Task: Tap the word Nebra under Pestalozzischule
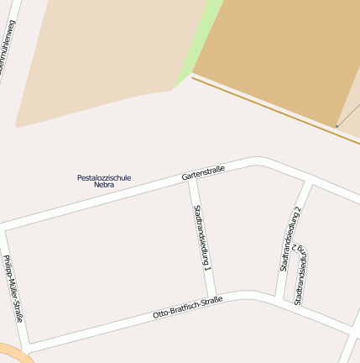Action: tap(104, 185)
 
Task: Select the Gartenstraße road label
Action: tap(203, 174)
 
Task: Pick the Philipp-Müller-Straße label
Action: tap(13, 288)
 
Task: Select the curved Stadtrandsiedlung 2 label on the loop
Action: tap(300, 275)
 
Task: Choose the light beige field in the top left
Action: tap(101, 59)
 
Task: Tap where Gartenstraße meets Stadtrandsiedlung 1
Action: tap(192, 178)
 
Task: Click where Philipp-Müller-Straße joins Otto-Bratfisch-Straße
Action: tap(29, 346)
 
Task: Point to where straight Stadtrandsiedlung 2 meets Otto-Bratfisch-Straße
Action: tap(278, 299)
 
